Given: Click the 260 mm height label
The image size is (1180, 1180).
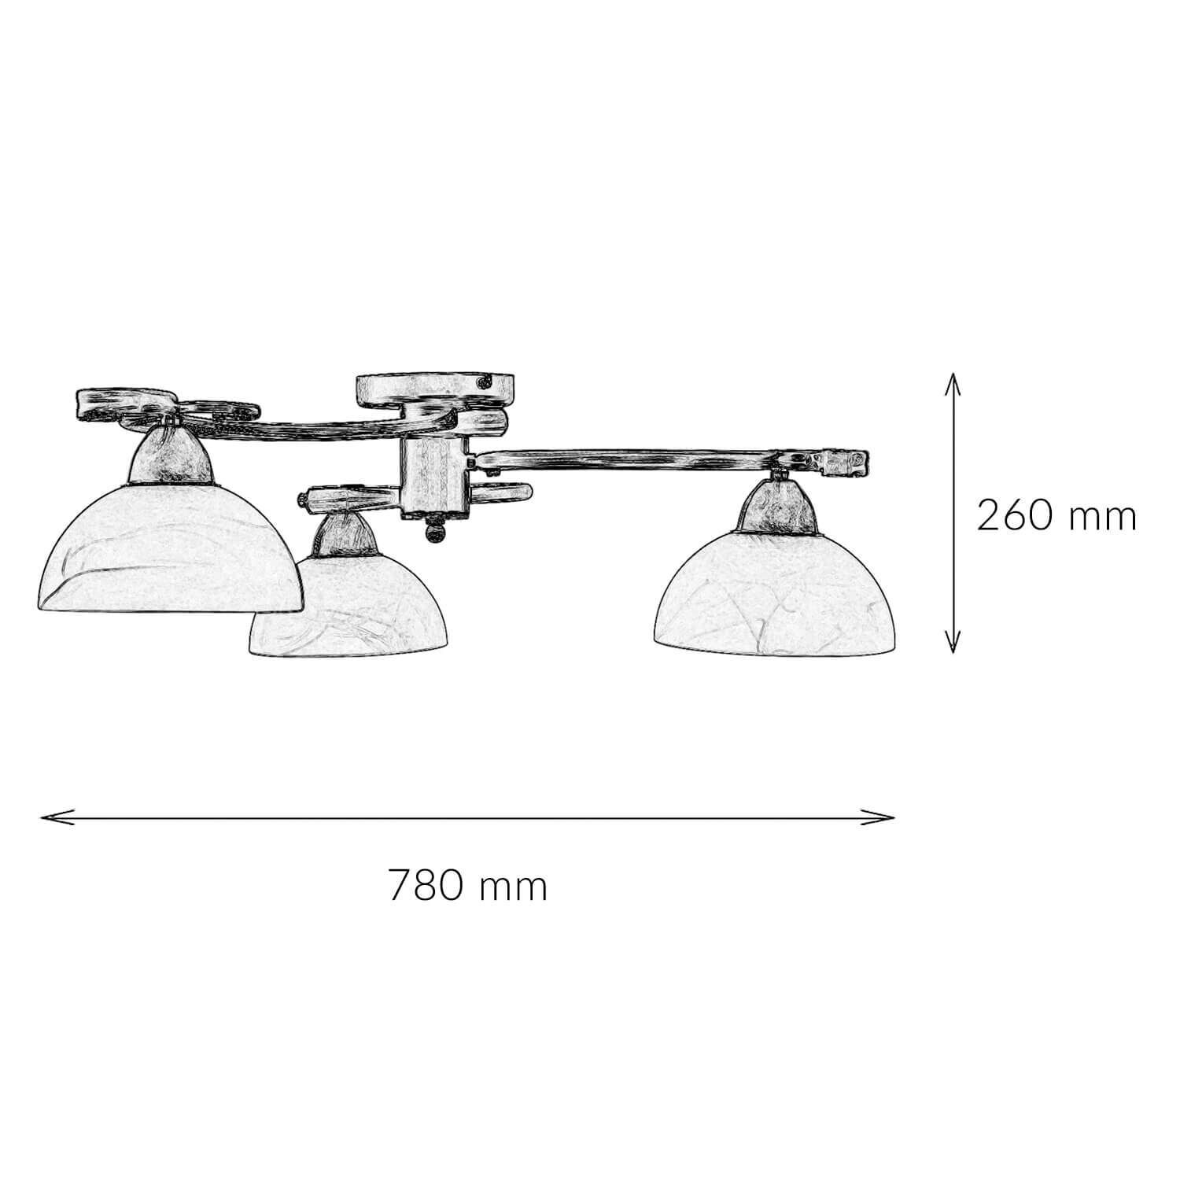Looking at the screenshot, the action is pos(1056,517).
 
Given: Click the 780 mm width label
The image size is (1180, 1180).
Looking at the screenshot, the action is pos(468,887).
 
